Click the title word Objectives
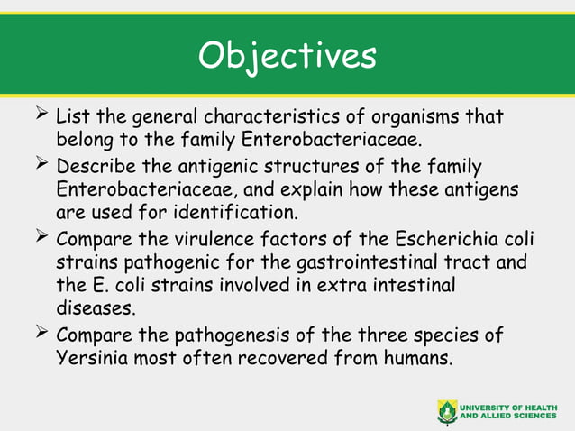(x=287, y=56)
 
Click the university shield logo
(x=447, y=411)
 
